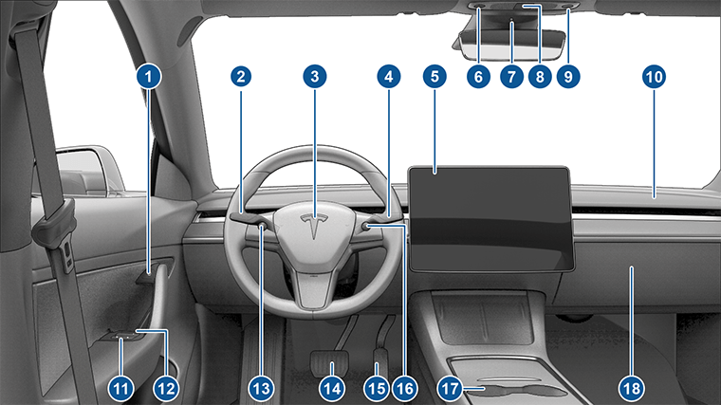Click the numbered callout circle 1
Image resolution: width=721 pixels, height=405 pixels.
point(149,76)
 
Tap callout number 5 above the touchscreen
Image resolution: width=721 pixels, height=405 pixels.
point(434,76)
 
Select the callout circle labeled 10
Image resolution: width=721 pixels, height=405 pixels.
point(654,76)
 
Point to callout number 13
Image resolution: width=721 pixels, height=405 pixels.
point(261,389)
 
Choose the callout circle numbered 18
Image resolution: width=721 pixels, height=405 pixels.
point(631,389)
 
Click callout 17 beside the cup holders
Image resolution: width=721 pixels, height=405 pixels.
point(450,389)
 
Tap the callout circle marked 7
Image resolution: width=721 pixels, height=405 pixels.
point(511,76)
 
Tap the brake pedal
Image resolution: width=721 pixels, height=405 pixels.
point(330,362)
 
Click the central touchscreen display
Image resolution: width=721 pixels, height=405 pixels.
point(491,220)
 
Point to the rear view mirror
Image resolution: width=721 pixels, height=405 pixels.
point(510,45)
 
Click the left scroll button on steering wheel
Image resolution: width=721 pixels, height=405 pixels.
point(262,225)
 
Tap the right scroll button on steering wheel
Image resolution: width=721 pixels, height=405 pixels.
point(367,226)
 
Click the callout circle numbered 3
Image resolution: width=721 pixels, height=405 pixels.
point(315,76)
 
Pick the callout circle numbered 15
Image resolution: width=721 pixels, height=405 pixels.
point(376,389)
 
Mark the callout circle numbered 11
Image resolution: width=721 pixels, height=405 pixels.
point(120,389)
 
